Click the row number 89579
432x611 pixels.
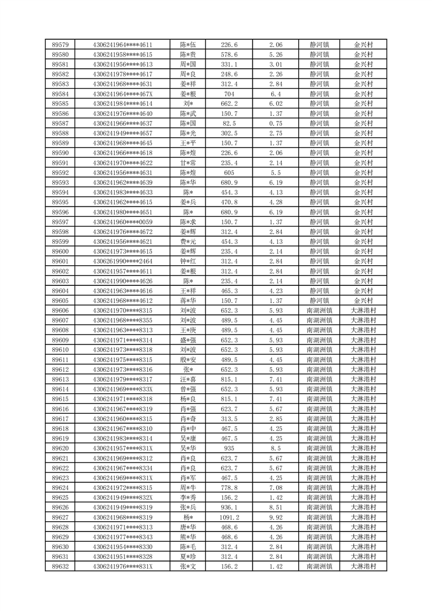click(x=60, y=45)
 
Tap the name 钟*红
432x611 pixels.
click(x=188, y=261)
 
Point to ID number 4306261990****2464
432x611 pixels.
click(x=122, y=261)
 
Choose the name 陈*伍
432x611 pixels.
click(x=188, y=45)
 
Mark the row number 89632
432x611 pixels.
click(x=60, y=566)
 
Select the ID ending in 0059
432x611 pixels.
click(x=122, y=222)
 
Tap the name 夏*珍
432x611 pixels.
click(x=188, y=557)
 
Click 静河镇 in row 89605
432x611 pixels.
click(x=319, y=301)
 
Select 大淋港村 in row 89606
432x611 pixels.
click(x=363, y=310)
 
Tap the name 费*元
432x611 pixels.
click(x=188, y=242)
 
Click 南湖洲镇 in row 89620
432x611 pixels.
click(x=319, y=448)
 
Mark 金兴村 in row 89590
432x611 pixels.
click(x=363, y=153)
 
